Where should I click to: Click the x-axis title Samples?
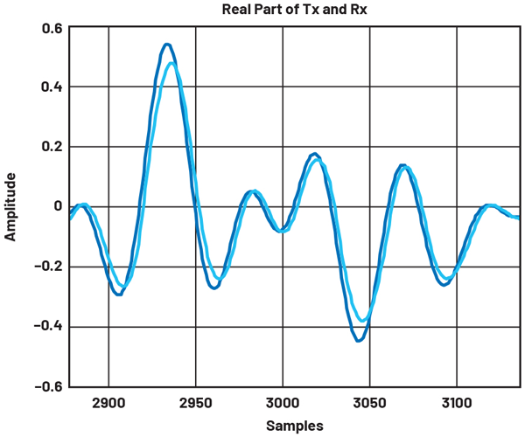point(296,426)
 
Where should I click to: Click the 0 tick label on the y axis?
point(57,207)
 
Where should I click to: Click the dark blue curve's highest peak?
point(167,44)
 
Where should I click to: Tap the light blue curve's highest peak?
point(171,63)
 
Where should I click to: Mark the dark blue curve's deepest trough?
point(359,340)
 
